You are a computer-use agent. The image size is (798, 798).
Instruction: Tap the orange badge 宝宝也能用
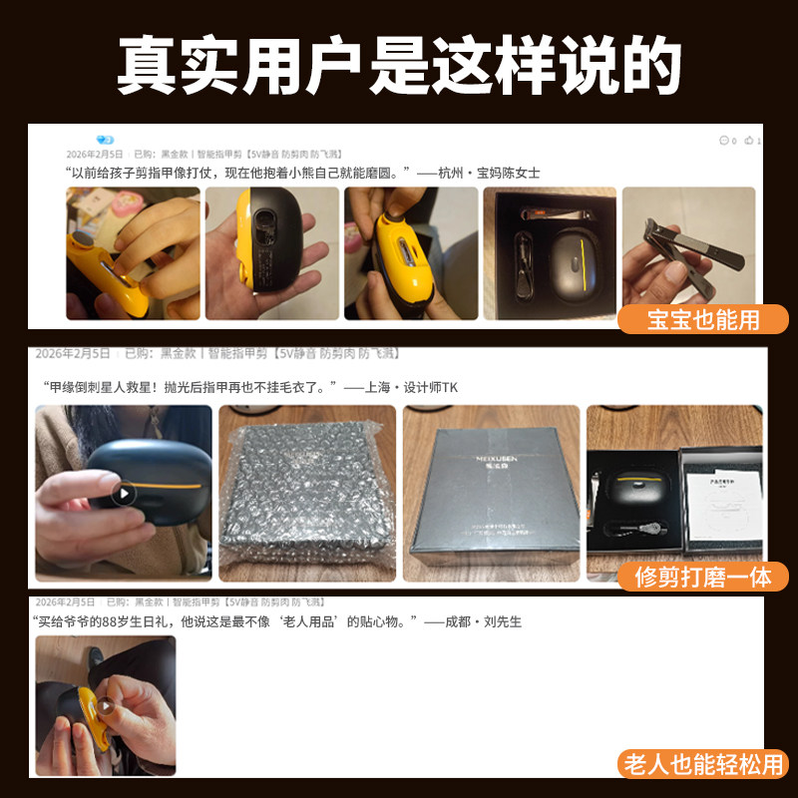702,319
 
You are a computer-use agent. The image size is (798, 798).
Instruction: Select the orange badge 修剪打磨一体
702,577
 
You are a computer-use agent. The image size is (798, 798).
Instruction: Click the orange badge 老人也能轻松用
702,763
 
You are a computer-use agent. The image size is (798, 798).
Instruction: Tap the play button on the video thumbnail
123,493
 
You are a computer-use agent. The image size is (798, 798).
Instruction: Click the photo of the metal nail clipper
688,253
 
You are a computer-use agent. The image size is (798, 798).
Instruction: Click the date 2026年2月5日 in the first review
95,155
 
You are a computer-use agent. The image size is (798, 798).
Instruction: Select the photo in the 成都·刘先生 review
106,705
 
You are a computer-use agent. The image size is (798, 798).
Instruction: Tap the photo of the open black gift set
550,253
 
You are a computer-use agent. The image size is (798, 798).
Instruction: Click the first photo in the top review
130,253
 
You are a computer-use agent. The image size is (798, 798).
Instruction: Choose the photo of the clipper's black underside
269,253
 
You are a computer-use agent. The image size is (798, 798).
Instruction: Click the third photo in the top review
410,253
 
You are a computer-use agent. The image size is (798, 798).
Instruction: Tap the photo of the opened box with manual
674,493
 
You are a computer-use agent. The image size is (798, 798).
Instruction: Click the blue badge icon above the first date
105,140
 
